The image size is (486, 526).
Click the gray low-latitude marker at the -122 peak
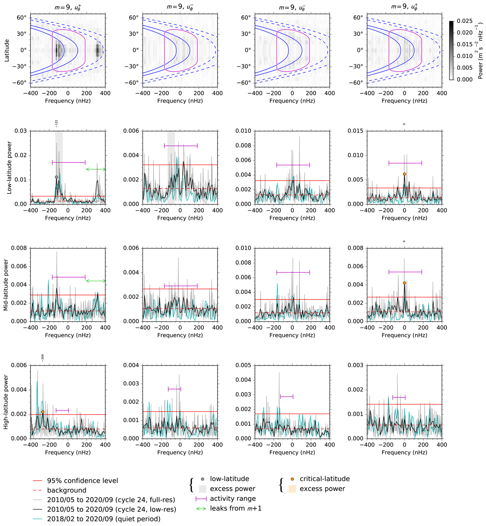coord(56,177)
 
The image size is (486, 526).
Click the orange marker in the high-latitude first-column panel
coord(43,412)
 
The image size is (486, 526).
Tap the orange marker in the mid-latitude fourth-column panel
coord(404,283)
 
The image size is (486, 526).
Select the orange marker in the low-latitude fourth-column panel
coord(404,174)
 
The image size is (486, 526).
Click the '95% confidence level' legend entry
coord(83,481)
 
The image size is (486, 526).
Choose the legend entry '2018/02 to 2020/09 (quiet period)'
coord(104,519)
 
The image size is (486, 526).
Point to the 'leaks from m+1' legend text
coord(236,508)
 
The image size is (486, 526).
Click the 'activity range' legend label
coord(233,498)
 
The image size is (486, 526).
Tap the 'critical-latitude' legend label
coord(324,479)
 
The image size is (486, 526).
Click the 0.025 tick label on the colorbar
coord(465,21)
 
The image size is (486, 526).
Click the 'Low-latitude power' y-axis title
coord(9,167)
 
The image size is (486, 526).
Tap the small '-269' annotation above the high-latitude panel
coord(43,357)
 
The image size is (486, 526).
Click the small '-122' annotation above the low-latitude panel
coord(56,123)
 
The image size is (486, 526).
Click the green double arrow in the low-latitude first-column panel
coord(96,169)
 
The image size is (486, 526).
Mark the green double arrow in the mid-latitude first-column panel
coord(96,281)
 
